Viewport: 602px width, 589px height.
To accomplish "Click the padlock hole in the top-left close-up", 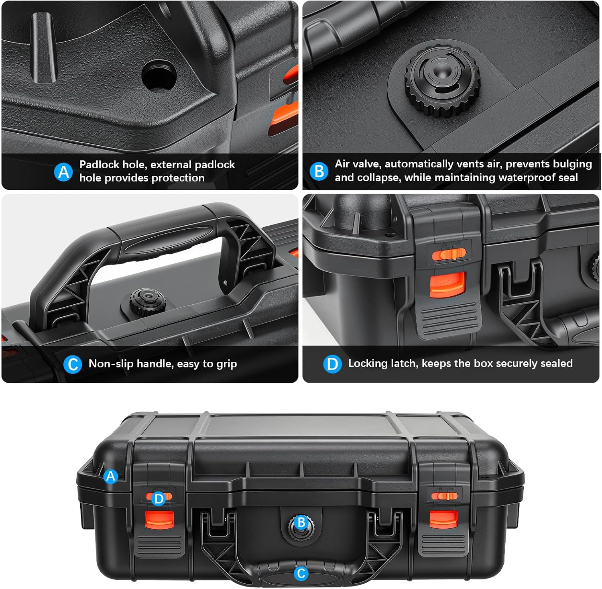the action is coord(159,75).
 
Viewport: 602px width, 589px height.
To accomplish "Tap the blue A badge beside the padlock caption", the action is coord(63,172).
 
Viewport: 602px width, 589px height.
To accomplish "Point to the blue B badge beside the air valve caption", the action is coord(319,171).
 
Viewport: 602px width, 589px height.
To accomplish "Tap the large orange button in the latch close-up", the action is coord(448,285).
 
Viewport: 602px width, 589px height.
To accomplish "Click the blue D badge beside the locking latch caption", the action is coord(332,364).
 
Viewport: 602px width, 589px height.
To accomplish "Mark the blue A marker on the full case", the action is coord(111,477).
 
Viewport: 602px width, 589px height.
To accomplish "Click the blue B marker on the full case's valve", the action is coord(301,522).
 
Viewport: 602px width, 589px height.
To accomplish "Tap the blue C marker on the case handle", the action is coord(301,573).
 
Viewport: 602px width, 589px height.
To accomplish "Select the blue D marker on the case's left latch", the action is coord(159,499).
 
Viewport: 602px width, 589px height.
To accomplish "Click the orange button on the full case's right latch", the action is coord(443,519).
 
